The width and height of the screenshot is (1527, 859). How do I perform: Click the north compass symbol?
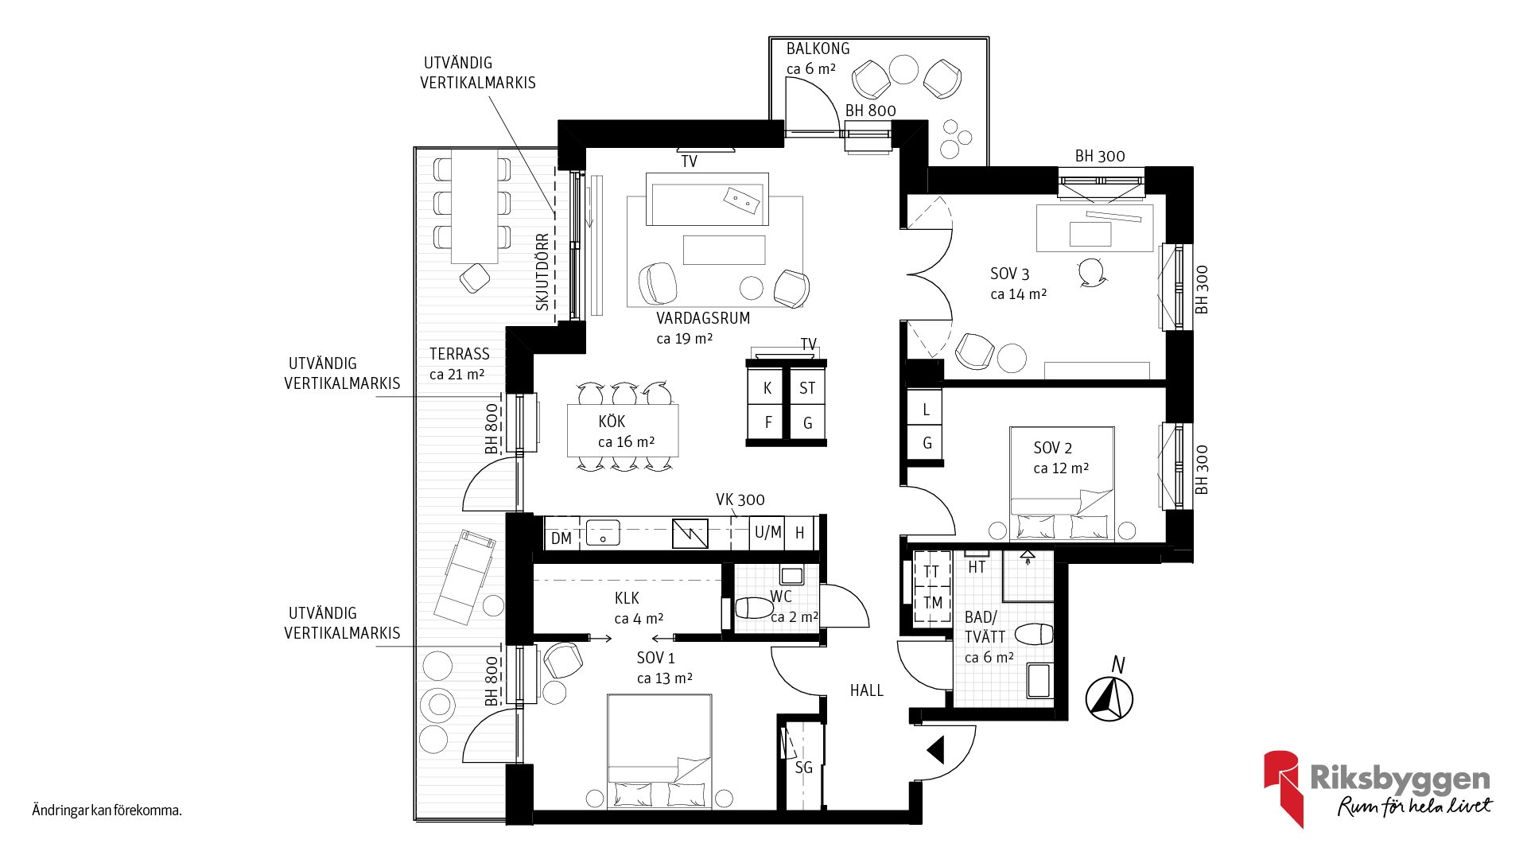[1109, 698]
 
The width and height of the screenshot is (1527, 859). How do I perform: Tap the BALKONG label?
[818, 49]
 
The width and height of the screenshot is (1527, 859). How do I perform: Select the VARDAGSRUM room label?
[703, 318]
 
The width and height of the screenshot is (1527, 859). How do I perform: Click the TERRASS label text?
[460, 354]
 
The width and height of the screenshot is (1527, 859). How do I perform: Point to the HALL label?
[867, 690]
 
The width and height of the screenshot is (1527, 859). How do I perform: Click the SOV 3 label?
[1010, 274]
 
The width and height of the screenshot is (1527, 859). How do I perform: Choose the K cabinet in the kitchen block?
[767, 387]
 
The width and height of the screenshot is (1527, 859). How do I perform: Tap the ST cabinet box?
[807, 387]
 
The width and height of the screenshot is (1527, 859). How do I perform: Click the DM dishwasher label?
[561, 538]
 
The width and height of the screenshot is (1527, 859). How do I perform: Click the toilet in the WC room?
[754, 608]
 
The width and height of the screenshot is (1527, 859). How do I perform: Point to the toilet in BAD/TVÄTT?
[1034, 634]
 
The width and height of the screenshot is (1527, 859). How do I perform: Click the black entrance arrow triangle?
[936, 749]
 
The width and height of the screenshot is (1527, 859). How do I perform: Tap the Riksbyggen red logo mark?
[1282, 787]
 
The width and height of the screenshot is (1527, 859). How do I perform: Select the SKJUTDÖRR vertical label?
[543, 271]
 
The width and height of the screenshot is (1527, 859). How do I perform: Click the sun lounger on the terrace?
[464, 577]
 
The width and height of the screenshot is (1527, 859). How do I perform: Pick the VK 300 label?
[740, 499]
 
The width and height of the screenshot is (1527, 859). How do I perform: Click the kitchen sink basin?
[603, 532]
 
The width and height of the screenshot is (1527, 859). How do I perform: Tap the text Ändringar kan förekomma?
[107, 810]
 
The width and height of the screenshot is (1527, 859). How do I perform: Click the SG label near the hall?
[804, 768]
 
